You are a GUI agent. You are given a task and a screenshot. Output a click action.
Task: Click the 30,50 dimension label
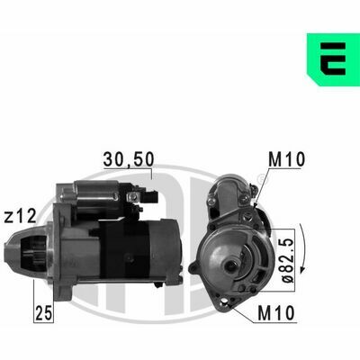pos(129,159)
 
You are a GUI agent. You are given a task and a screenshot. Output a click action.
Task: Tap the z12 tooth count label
pos(20,217)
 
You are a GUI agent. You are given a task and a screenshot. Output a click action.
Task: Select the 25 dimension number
pos(44,313)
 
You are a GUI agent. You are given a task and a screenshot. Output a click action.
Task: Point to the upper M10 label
pos(286,159)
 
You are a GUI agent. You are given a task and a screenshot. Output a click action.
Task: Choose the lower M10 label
pos(276,313)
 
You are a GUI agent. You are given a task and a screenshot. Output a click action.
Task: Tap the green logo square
pos(333,59)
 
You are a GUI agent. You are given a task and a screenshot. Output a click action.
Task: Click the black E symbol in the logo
pos(333,58)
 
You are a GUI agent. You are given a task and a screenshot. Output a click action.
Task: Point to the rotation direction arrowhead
pos(303,268)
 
